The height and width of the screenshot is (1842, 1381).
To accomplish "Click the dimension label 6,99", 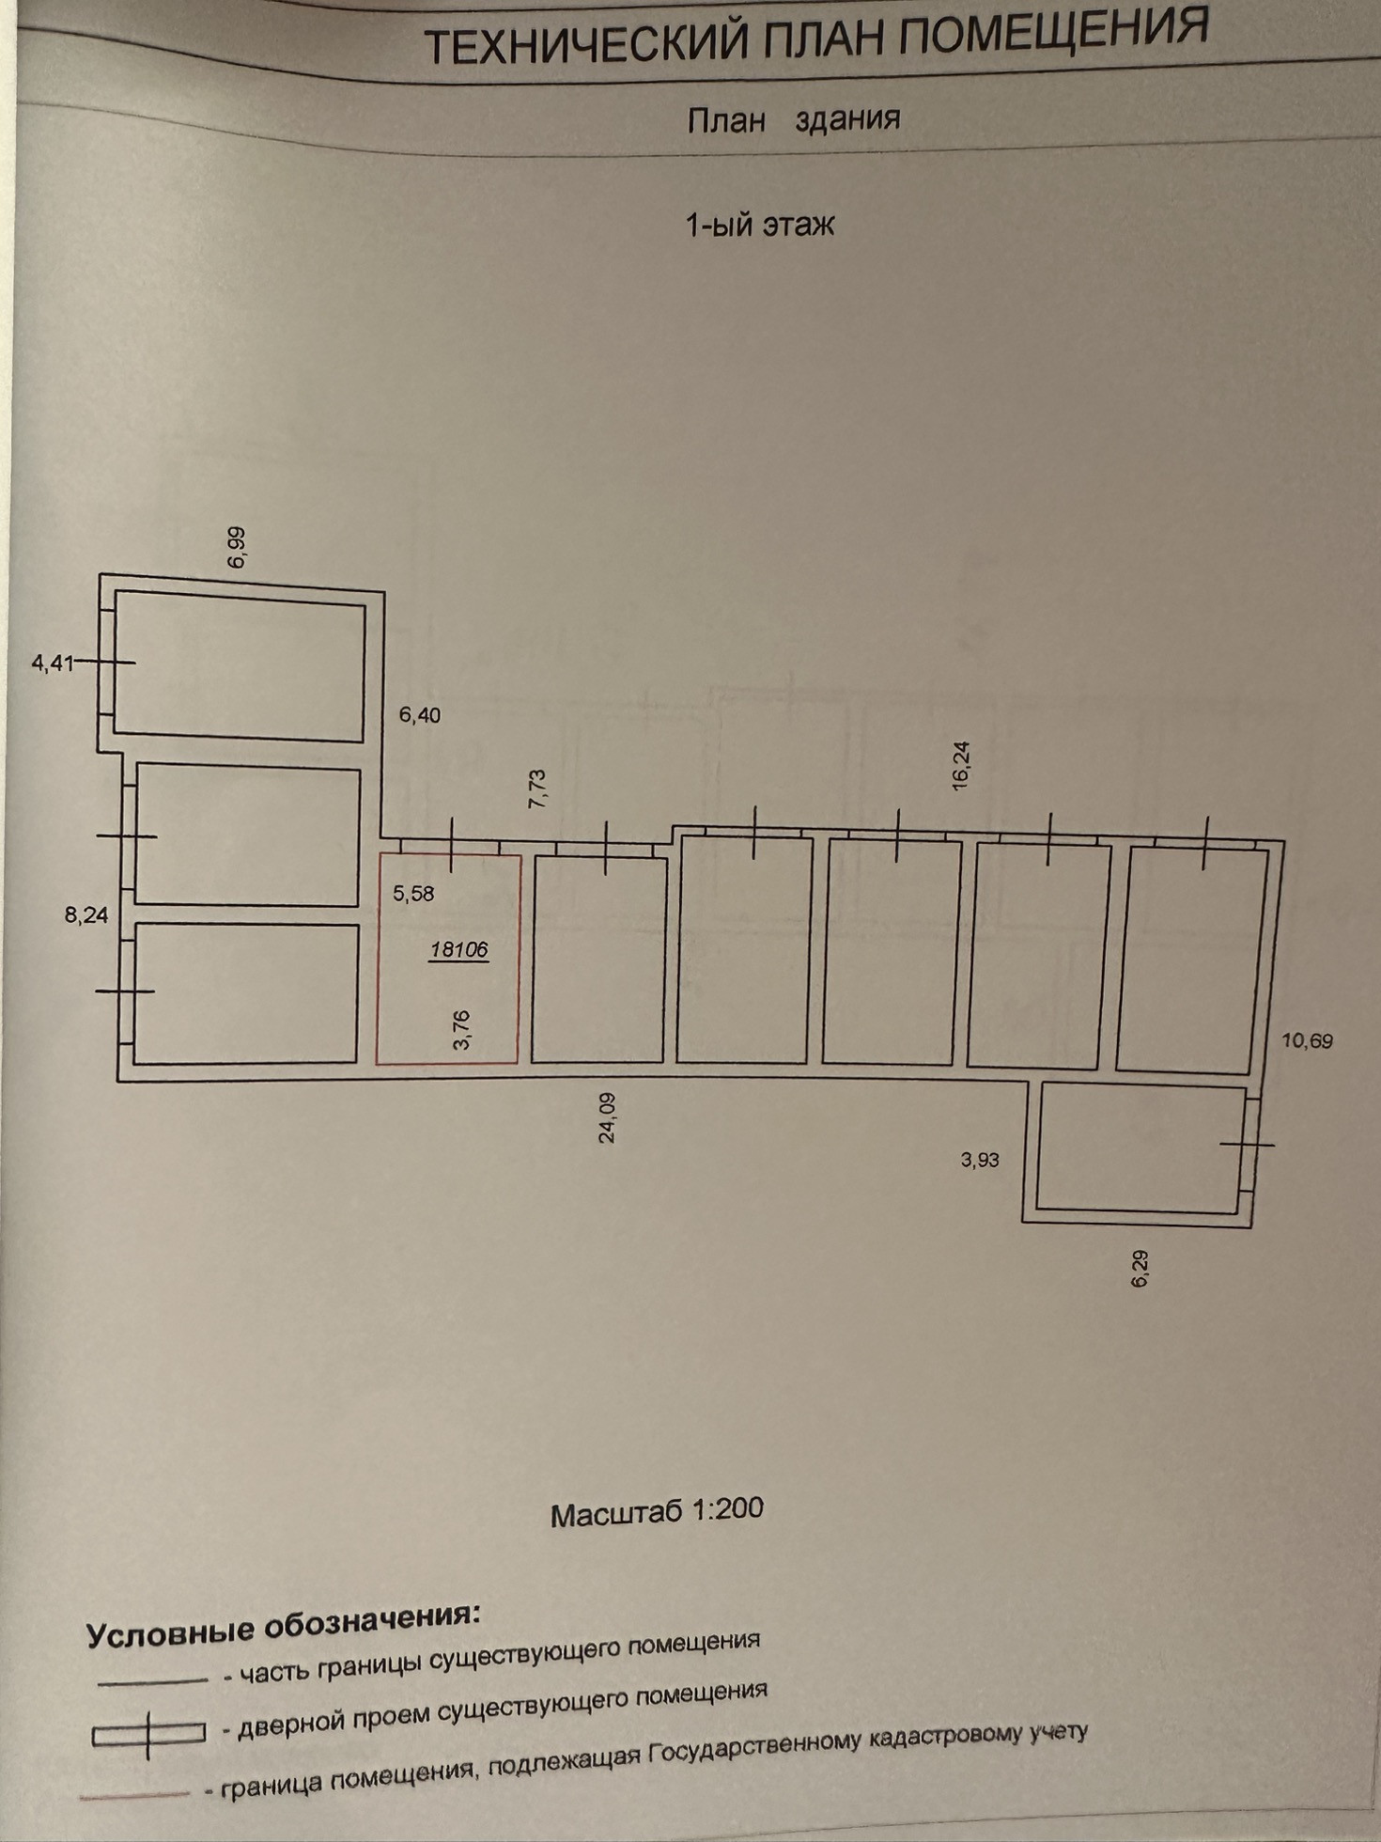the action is click(x=237, y=547).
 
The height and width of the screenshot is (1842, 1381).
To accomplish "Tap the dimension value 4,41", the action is click(x=52, y=663).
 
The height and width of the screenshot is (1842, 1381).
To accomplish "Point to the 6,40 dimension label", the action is click(x=419, y=715).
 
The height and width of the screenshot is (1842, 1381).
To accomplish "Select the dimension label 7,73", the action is click(x=537, y=788).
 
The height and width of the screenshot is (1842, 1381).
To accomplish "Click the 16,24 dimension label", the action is click(x=961, y=766).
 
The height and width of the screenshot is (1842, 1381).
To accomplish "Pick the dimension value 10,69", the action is click(x=1307, y=1041).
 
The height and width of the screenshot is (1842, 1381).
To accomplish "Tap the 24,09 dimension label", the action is click(x=608, y=1117).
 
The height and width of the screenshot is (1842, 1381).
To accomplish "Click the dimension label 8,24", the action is click(x=86, y=915).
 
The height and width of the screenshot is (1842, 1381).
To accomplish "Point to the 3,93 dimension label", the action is click(x=980, y=1160).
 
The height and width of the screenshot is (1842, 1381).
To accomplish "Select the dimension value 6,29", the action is click(x=1140, y=1269).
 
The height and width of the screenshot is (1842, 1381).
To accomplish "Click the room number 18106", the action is click(x=459, y=950).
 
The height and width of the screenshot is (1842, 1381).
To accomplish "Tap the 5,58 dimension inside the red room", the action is click(x=413, y=894).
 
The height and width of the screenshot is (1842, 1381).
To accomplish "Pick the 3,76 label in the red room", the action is click(x=461, y=1029).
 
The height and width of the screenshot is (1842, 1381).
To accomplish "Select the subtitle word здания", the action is click(x=847, y=118).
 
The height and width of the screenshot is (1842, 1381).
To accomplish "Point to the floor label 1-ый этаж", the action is click(x=760, y=226).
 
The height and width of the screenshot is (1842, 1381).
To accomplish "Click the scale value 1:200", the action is click(x=727, y=1509).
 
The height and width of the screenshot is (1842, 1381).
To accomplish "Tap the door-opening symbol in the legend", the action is click(x=148, y=1735).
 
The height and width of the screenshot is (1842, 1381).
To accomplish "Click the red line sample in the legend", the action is click(x=135, y=1796).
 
